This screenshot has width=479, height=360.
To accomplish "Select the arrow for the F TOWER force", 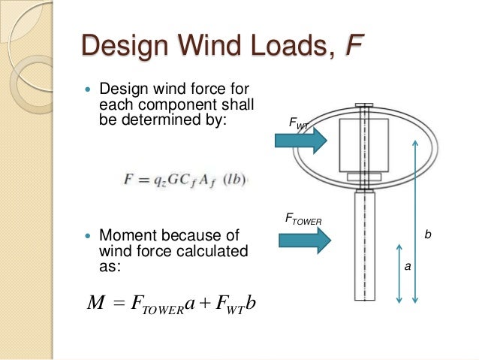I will pos(305,240).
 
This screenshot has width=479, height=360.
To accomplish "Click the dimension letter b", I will pos(428,235).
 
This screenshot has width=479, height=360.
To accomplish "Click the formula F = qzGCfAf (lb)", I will pos(185,180).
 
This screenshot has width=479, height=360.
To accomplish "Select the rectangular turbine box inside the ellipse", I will pos(363,144).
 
